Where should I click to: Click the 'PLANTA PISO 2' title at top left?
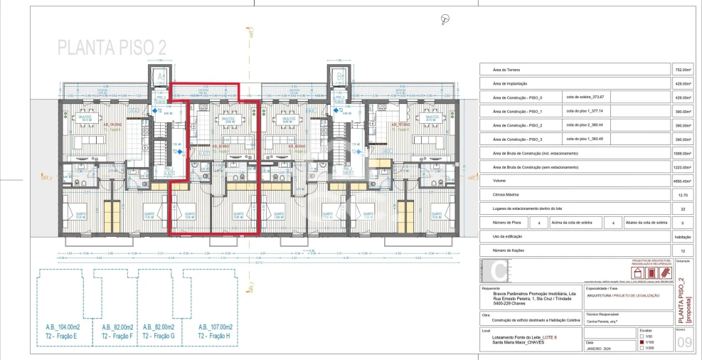pyautogui.click(x=112, y=48)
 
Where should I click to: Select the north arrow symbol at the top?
pyautogui.click(x=446, y=18)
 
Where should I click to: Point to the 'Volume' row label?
pyautogui.click(x=500, y=181)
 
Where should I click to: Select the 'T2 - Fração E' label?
pyautogui.click(x=60, y=334)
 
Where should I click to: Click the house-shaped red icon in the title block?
pyautogui.click(x=638, y=273)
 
